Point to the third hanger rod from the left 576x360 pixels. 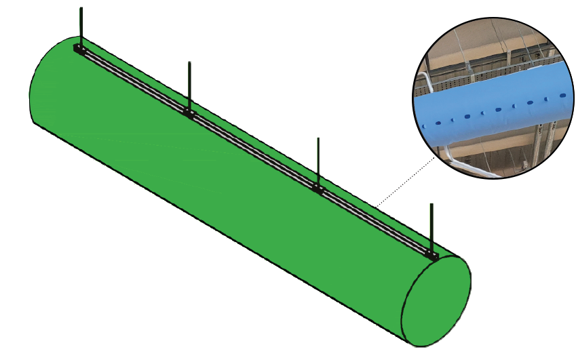[x=317, y=159]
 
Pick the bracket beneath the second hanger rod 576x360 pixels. [x=189, y=112]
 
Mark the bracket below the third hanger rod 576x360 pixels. [x=317, y=186]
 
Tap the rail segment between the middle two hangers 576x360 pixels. [x=253, y=150]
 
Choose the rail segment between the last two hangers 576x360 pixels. [x=374, y=220]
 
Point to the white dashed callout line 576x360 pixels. [x=405, y=180]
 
